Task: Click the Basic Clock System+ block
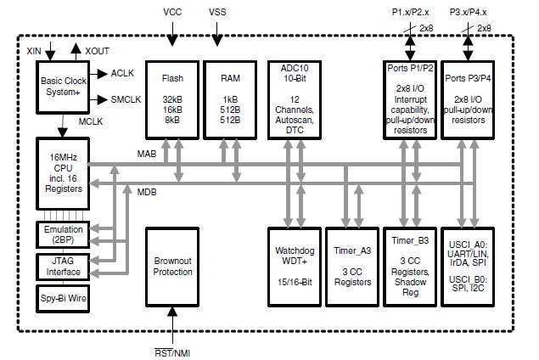[63, 87]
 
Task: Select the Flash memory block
[172, 100]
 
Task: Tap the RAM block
[230, 100]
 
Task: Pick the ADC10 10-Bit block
[295, 100]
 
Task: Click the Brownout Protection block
[172, 267]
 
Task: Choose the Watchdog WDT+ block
[295, 267]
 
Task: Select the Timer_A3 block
[352, 267]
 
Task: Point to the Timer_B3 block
[410, 267]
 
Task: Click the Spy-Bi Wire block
[63, 299]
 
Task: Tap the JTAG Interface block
[63, 267]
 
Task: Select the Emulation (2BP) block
[63, 235]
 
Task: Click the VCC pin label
[172, 12]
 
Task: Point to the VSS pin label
[217, 12]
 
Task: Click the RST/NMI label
[172, 353]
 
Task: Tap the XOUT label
[97, 51]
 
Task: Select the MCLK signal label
[91, 121]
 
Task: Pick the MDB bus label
[147, 192]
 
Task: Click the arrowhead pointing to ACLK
[102, 74]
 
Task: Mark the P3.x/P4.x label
[468, 12]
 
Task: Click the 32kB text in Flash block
[172, 99]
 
